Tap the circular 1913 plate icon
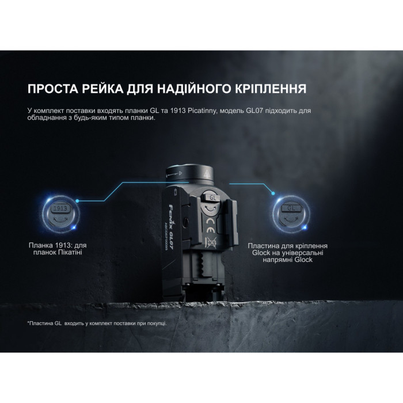[x=56, y=210]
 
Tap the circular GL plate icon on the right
[x=292, y=210]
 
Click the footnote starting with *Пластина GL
[x=97, y=323]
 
